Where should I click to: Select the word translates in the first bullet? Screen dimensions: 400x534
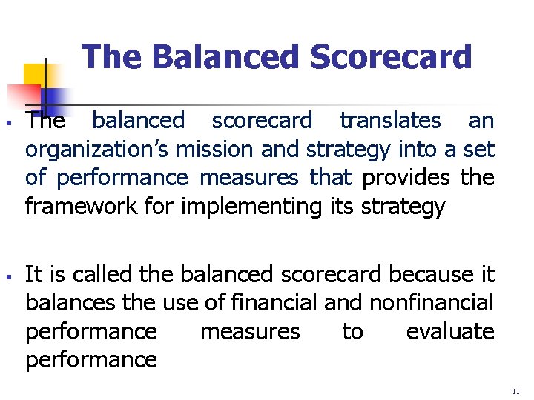[x=390, y=121]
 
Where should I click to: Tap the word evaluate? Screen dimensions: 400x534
[x=449, y=332]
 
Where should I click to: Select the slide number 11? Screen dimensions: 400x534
[x=516, y=390]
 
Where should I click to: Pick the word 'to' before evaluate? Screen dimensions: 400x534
[x=352, y=332]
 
